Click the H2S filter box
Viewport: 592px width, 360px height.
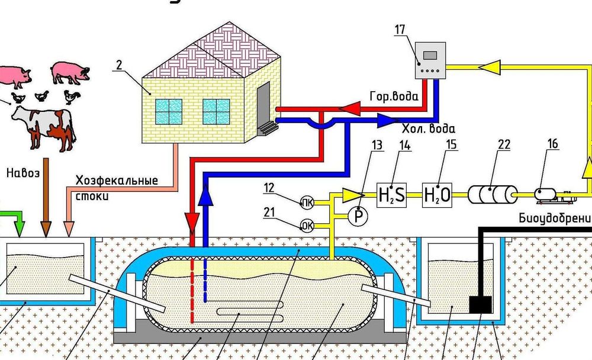click(x=391, y=194)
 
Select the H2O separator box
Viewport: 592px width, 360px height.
click(x=437, y=194)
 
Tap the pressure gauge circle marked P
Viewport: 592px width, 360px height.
click(x=357, y=216)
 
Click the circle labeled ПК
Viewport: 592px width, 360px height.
click(x=307, y=203)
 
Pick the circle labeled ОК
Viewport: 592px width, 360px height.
click(x=307, y=226)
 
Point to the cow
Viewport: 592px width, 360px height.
click(x=43, y=125)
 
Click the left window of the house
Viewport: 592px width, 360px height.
click(x=168, y=112)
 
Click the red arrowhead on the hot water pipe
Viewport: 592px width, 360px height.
click(x=350, y=108)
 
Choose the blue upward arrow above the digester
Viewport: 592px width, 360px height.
click(x=205, y=196)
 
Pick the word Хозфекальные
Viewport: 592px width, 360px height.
click(x=116, y=180)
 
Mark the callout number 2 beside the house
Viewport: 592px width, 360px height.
click(x=119, y=65)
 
